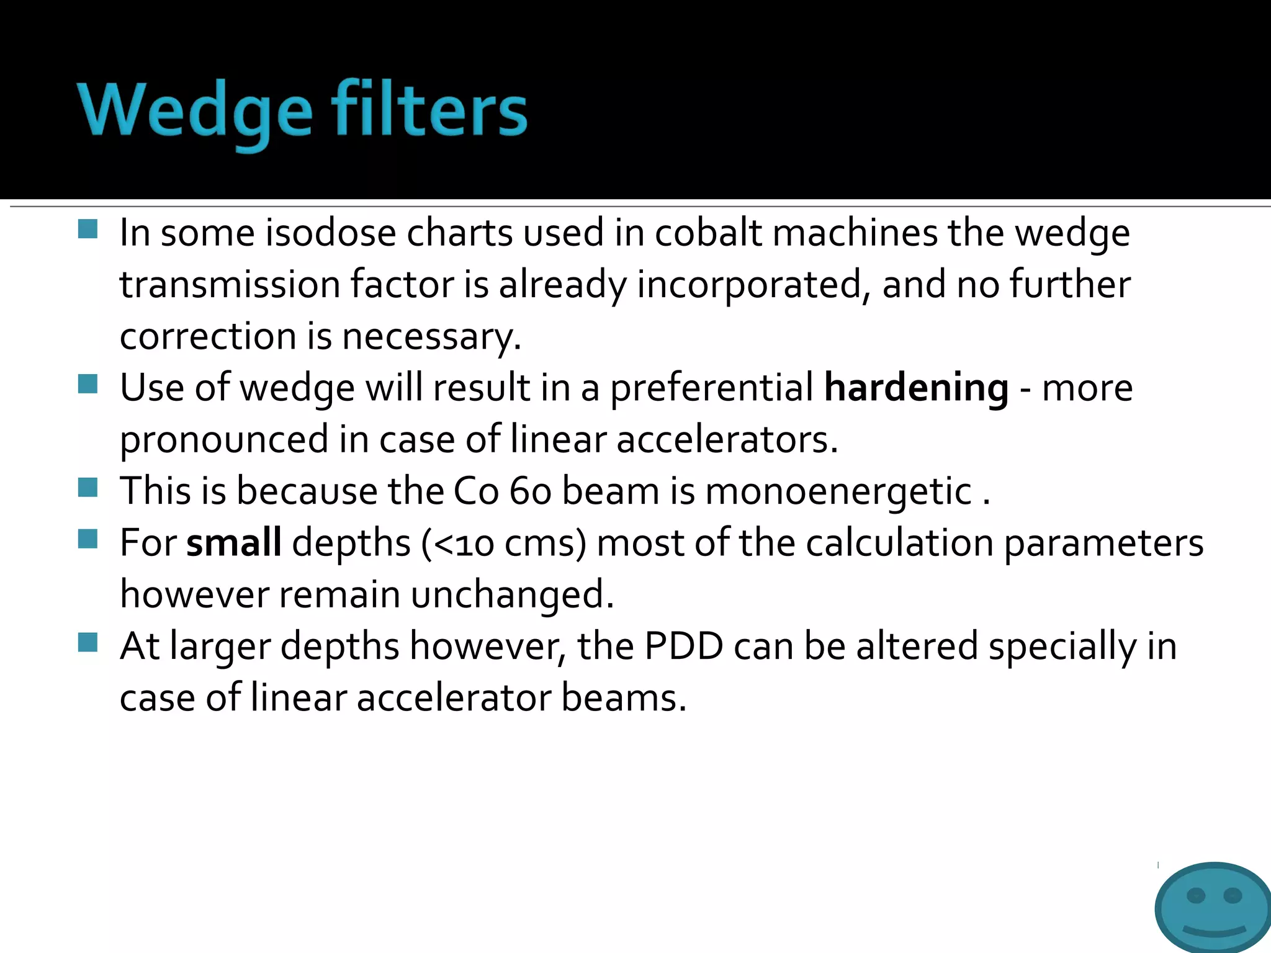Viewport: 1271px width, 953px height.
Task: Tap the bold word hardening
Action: [916, 388]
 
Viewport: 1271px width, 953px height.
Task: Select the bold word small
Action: [234, 542]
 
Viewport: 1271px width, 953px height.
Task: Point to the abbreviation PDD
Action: [684, 646]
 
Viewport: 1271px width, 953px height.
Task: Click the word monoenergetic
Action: [838, 491]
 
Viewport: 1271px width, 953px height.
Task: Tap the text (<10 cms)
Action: [503, 543]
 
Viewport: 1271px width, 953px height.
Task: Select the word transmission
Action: [230, 285]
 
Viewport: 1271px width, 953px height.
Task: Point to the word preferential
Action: [711, 389]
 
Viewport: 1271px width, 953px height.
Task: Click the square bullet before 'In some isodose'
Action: [88, 229]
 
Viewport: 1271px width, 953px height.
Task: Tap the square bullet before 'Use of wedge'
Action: [88, 384]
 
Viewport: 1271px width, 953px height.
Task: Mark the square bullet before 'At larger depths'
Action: [88, 642]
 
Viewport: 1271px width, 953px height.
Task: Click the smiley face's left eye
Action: [1195, 895]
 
